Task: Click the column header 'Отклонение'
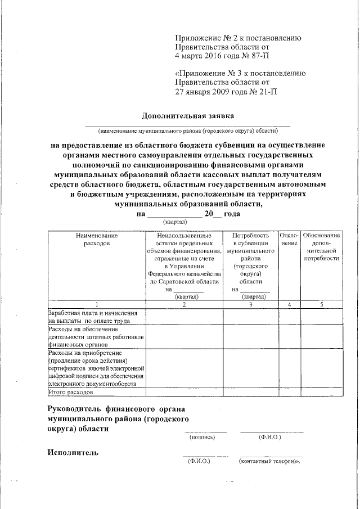289,239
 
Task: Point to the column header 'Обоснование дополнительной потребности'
321,246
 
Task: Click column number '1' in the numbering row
96,304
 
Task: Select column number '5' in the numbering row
321,304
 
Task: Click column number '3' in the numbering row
250,304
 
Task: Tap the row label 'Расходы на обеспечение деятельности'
96,337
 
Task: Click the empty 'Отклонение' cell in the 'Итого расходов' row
289,392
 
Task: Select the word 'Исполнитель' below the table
73,452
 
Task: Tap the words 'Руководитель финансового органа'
116,408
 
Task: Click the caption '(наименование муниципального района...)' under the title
188,131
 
